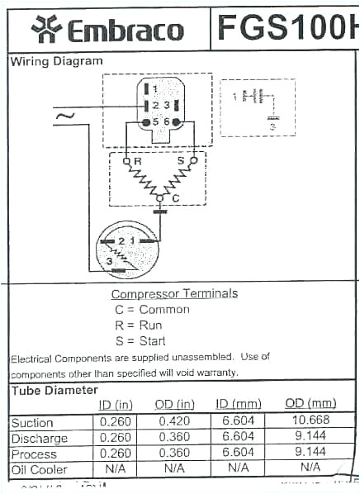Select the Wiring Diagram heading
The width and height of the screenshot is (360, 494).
tap(57, 61)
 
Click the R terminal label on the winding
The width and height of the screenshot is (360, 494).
tap(138, 159)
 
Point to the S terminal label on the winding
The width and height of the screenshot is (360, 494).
tap(180, 159)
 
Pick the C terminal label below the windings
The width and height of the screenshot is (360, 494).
tap(174, 198)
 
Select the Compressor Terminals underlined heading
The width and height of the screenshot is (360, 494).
tap(174, 293)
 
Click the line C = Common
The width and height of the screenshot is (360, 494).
tap(152, 309)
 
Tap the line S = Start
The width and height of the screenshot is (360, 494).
tap(140, 340)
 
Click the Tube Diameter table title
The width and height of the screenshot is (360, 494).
tap(54, 390)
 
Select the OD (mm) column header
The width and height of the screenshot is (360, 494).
tap(310, 404)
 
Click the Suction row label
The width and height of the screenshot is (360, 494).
tap(32, 423)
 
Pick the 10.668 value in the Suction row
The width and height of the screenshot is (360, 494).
tap(310, 422)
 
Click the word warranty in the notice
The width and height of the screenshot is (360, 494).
tap(216, 373)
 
